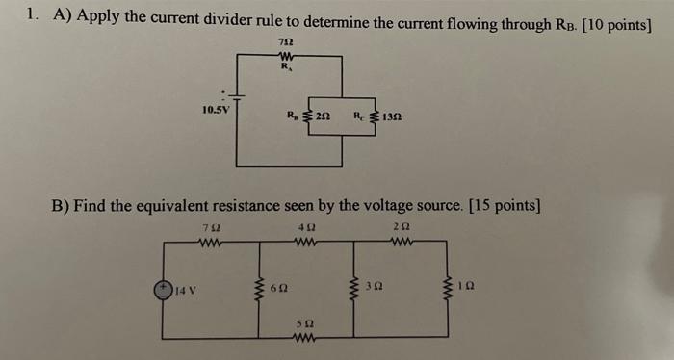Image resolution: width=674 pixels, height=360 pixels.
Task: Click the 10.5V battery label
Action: pos(217,109)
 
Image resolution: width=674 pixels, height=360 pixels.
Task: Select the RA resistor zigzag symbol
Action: pos(285,57)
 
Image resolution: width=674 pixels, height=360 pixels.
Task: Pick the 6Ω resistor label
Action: pos(277,289)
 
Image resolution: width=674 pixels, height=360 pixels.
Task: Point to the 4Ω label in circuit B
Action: pos(305,229)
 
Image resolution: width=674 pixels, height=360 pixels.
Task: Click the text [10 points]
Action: pos(614,25)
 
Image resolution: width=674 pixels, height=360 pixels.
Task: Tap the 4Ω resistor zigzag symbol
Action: pos(305,243)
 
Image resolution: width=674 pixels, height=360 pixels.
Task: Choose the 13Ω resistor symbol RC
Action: pos(372,118)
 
